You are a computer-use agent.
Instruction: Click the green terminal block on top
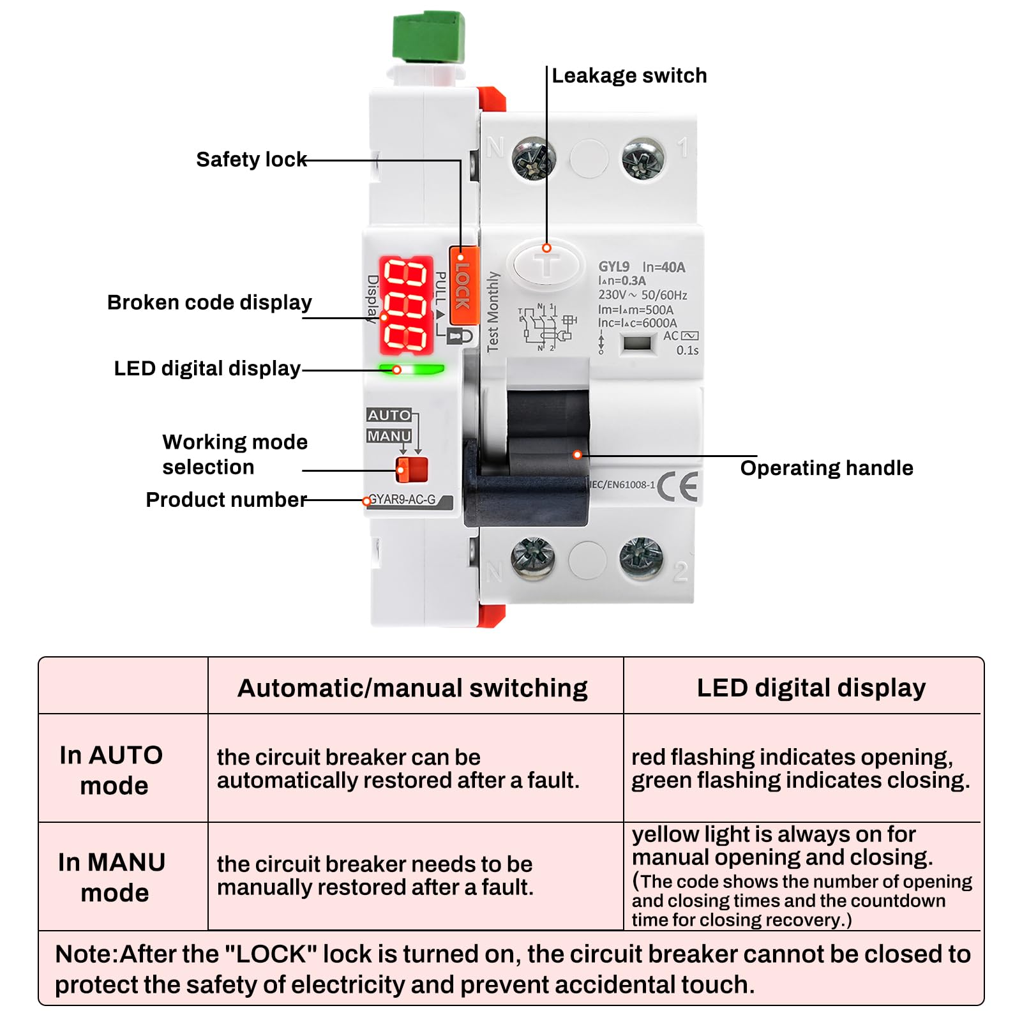click(x=428, y=36)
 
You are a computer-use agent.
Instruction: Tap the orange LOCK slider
click(x=463, y=286)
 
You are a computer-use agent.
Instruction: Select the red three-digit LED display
click(x=407, y=305)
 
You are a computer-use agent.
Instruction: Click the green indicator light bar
click(x=412, y=369)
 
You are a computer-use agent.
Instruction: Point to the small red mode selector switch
click(x=412, y=469)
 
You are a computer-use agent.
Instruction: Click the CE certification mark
click(x=677, y=487)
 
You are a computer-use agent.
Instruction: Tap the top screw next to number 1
click(x=643, y=158)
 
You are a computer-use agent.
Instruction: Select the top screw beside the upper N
click(x=534, y=158)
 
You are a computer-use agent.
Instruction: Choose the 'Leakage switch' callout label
click(x=629, y=75)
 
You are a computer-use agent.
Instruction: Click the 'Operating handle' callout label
click(x=827, y=468)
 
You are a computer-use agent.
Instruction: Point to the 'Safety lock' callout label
click(x=252, y=159)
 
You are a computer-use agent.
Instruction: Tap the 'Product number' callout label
click(x=227, y=499)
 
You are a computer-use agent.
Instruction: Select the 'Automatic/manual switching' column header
click(x=412, y=688)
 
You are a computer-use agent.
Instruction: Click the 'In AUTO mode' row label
click(x=112, y=770)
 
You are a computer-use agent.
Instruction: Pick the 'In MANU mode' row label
click(x=112, y=877)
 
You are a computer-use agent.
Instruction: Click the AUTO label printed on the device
click(x=389, y=415)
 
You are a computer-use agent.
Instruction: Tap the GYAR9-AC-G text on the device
click(x=403, y=500)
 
